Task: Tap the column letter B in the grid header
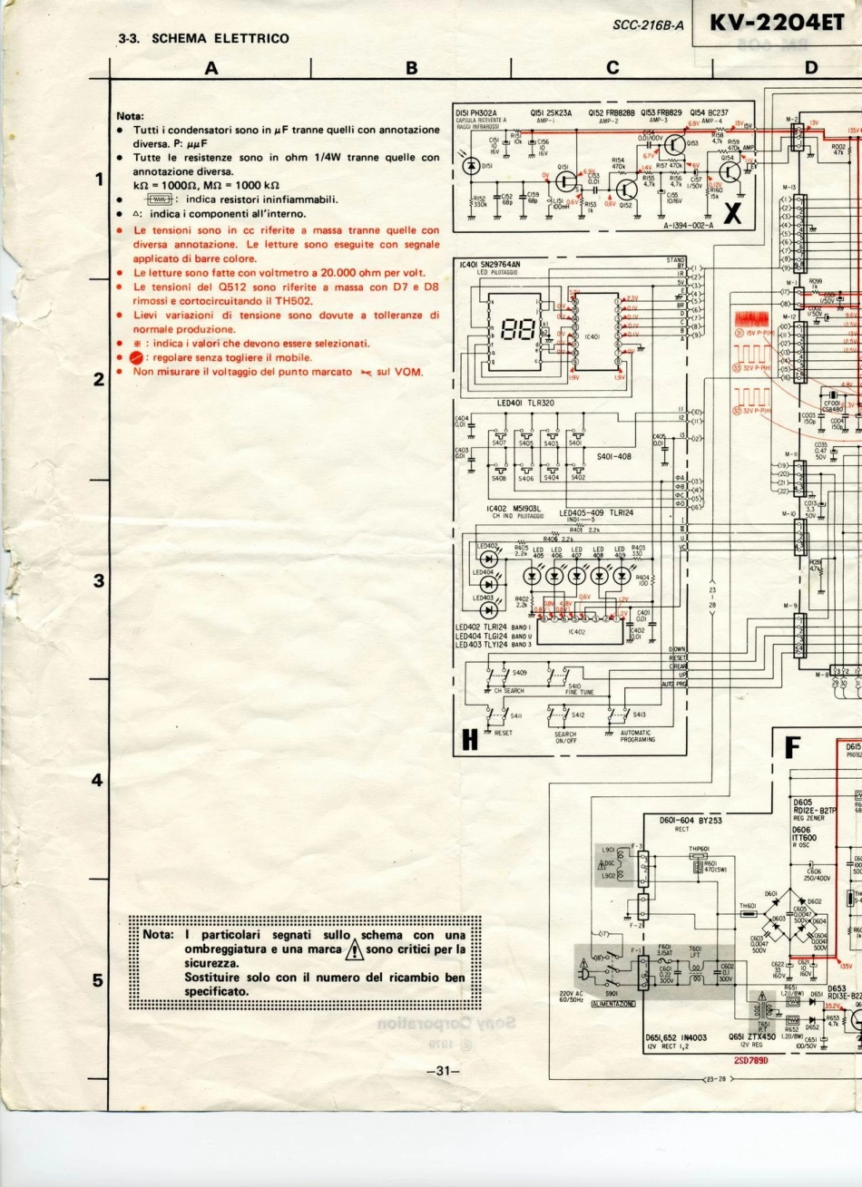tap(411, 67)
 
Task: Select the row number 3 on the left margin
tap(98, 580)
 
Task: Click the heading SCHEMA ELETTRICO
tap(220, 38)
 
